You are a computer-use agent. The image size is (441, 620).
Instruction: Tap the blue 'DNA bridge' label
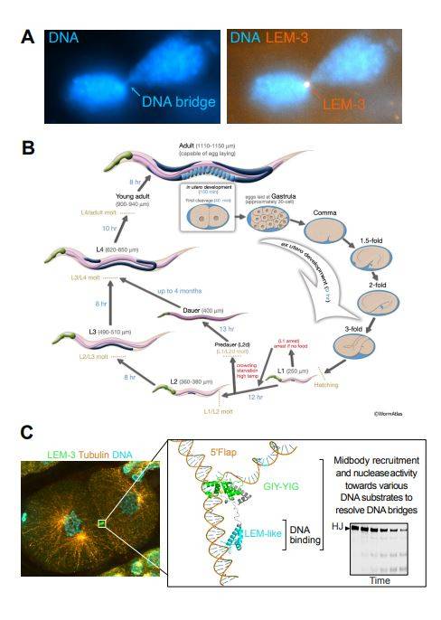(x=177, y=102)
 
